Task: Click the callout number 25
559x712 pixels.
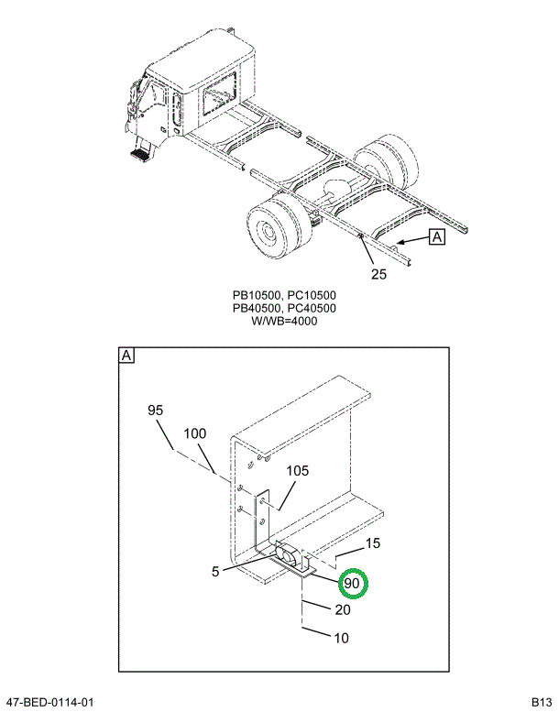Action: (378, 272)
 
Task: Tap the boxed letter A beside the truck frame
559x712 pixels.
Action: (436, 237)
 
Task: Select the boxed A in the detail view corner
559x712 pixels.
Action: (126, 356)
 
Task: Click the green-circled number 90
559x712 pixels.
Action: (352, 583)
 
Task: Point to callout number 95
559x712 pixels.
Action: (156, 411)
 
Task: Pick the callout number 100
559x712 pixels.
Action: (194, 433)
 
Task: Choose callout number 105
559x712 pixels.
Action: (298, 471)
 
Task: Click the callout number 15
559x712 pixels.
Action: (372, 544)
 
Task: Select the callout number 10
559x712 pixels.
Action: (341, 639)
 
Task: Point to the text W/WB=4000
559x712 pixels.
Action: (283, 322)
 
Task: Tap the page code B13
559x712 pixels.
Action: (541, 702)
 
